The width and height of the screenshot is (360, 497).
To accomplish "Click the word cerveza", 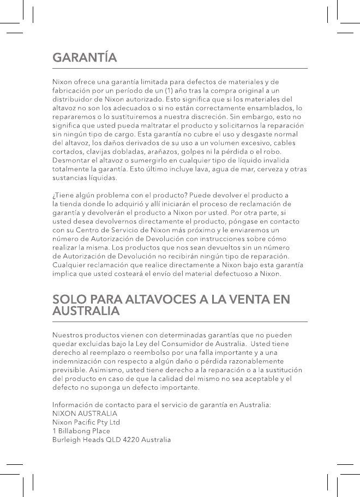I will [267, 169].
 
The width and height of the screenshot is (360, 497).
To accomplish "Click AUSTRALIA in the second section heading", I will [86, 312].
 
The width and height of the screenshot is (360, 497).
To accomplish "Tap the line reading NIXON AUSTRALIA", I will [85, 414].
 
